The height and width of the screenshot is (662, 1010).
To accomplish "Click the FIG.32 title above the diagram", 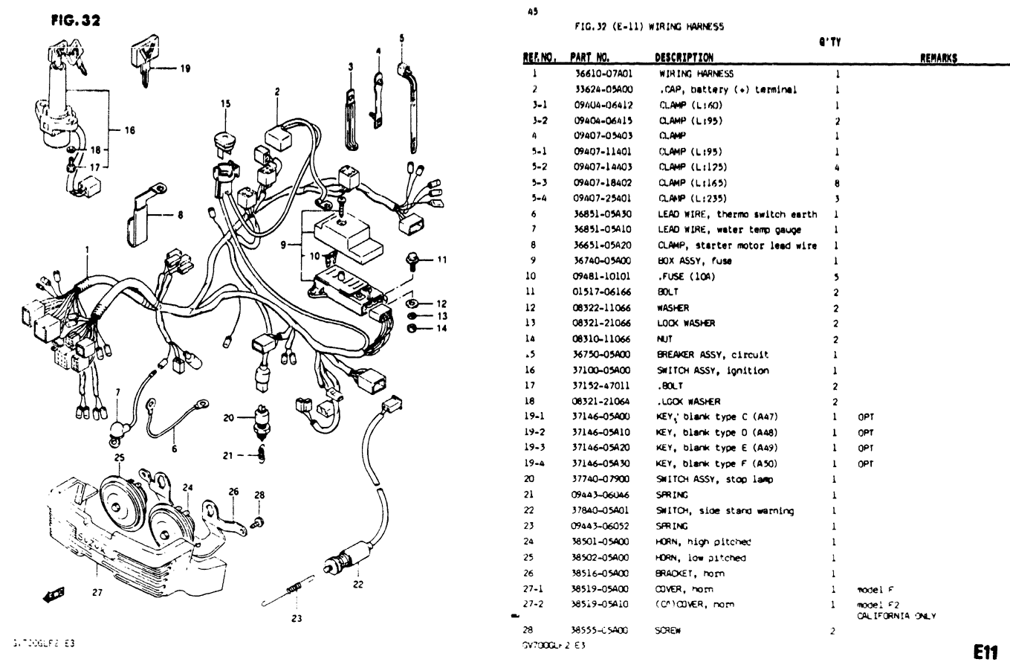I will [75, 20].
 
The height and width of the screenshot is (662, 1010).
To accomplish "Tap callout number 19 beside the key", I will [184, 68].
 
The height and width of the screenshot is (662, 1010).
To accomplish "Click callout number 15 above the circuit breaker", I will [225, 104].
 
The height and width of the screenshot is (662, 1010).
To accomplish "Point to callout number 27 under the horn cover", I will [97, 593].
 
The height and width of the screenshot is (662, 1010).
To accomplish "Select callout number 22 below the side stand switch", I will [359, 584].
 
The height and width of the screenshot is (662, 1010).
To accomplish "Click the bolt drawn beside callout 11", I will [411, 260].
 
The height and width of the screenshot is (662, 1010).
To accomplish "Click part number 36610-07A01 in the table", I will [603, 74].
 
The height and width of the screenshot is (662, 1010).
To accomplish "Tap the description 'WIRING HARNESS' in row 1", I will [696, 74].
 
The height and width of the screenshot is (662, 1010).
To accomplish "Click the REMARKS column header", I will [938, 58].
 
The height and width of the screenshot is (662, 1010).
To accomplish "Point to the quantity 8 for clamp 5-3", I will [837, 183].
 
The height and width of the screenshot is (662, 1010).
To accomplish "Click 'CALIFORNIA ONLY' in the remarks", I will [896, 616].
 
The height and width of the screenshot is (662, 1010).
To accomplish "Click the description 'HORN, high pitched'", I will [702, 542].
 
